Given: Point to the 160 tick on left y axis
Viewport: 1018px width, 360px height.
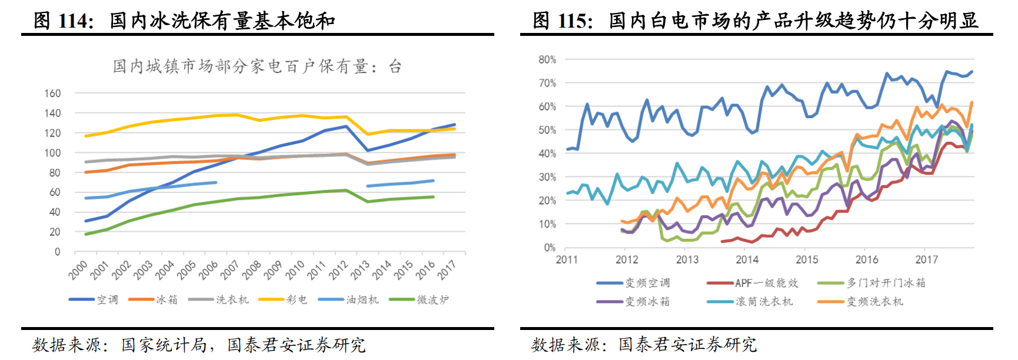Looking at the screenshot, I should pyautogui.click(x=52, y=93).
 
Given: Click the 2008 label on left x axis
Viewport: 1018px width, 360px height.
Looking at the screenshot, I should pyautogui.click(x=252, y=269).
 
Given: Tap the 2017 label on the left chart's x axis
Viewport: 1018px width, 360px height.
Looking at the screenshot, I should pyautogui.click(x=447, y=269).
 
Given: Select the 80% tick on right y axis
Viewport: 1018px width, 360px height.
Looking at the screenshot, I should pyautogui.click(x=547, y=59).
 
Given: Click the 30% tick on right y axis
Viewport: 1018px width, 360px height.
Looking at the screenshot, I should pyautogui.click(x=547, y=177).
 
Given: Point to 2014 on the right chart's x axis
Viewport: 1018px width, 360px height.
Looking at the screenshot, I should pyautogui.click(x=747, y=259).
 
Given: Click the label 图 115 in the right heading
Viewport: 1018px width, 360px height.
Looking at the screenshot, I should pyautogui.click(x=562, y=21).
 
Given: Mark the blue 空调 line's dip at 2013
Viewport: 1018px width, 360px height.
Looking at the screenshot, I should pyautogui.click(x=368, y=150).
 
